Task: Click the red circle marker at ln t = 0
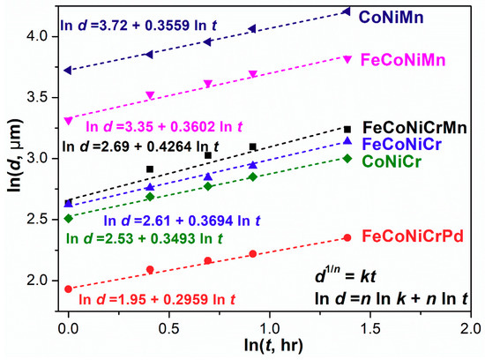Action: (69, 289)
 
